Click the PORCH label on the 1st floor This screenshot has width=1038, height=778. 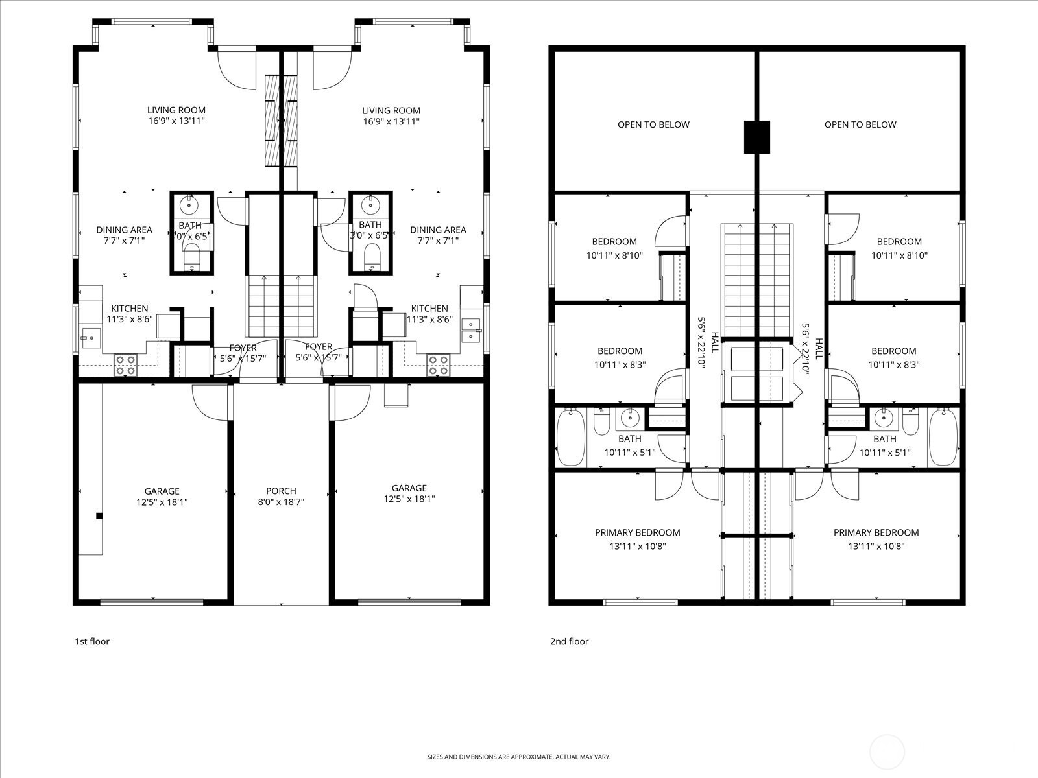(x=281, y=491)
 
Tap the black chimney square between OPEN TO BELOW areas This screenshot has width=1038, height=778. (x=756, y=137)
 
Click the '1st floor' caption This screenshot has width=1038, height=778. (x=91, y=641)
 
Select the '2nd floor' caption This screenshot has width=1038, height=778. (x=569, y=641)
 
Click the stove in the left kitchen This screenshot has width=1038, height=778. (x=125, y=365)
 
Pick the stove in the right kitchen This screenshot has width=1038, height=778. (x=438, y=365)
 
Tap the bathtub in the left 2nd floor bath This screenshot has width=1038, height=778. (x=570, y=436)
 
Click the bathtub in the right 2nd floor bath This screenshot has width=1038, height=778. (x=943, y=436)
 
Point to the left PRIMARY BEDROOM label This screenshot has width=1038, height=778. (x=637, y=532)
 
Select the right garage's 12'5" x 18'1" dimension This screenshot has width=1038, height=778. (x=409, y=499)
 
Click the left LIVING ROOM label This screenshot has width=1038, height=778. (x=176, y=110)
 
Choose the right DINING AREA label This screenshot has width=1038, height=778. (x=438, y=230)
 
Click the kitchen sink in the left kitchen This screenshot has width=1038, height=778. (x=90, y=336)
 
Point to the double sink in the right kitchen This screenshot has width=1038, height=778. (x=471, y=330)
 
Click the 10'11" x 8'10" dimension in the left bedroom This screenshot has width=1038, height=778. (x=614, y=255)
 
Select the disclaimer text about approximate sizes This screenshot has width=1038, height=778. (x=518, y=757)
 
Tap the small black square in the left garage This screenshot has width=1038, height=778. (x=99, y=516)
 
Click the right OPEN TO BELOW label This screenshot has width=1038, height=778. (x=860, y=124)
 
